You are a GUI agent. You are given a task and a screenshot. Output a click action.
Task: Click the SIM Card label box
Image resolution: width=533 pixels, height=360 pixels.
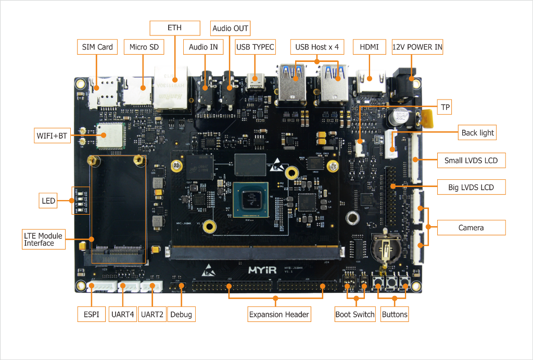point(97,47)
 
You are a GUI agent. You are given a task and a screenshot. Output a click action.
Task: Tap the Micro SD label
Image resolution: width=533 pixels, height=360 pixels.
point(144,47)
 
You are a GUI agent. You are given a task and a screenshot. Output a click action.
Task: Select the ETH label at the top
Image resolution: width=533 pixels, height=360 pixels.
point(175,28)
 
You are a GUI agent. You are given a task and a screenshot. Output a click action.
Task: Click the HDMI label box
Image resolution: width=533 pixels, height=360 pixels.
point(370,47)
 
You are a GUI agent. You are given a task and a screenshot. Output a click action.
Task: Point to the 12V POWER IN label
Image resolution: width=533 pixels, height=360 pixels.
point(417,47)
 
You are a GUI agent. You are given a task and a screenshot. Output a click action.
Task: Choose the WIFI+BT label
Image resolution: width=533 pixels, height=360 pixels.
point(52,136)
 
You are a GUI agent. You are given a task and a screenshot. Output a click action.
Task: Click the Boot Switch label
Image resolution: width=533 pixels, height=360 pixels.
point(354,314)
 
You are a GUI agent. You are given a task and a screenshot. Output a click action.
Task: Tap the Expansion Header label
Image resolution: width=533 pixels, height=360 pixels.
point(279,314)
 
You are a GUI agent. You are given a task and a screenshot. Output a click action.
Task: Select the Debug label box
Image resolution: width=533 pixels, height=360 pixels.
point(181,314)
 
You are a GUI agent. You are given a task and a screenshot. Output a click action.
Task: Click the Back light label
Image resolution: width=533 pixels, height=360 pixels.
point(477,133)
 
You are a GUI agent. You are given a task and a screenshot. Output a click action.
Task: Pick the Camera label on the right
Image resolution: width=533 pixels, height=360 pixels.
point(471,228)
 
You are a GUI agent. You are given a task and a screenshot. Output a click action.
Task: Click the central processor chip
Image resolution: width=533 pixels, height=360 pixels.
point(251,200)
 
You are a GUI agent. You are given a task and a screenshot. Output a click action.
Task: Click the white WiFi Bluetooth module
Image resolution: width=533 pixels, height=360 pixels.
point(110,136)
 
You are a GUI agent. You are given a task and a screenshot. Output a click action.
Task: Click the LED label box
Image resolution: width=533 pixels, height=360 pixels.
point(48,200)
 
